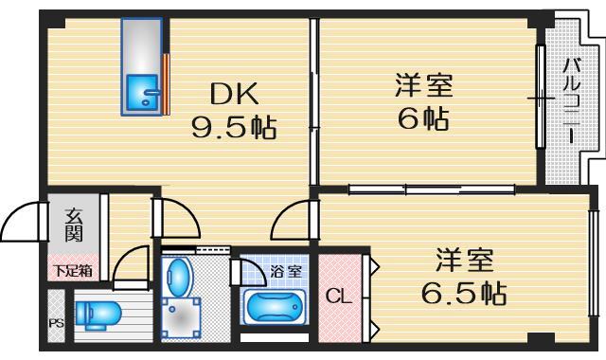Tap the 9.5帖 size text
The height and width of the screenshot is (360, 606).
234,127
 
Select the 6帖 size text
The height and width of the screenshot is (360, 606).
423,118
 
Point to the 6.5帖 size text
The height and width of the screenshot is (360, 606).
463,292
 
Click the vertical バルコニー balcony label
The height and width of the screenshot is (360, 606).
572,100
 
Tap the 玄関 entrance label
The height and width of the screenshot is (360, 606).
74,227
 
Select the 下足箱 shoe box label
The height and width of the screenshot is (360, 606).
72,270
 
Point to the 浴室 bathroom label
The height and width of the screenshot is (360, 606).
286,272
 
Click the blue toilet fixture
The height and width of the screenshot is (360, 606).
94,312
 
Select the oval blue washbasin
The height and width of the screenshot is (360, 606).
177,278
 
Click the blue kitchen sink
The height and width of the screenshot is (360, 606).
143,93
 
